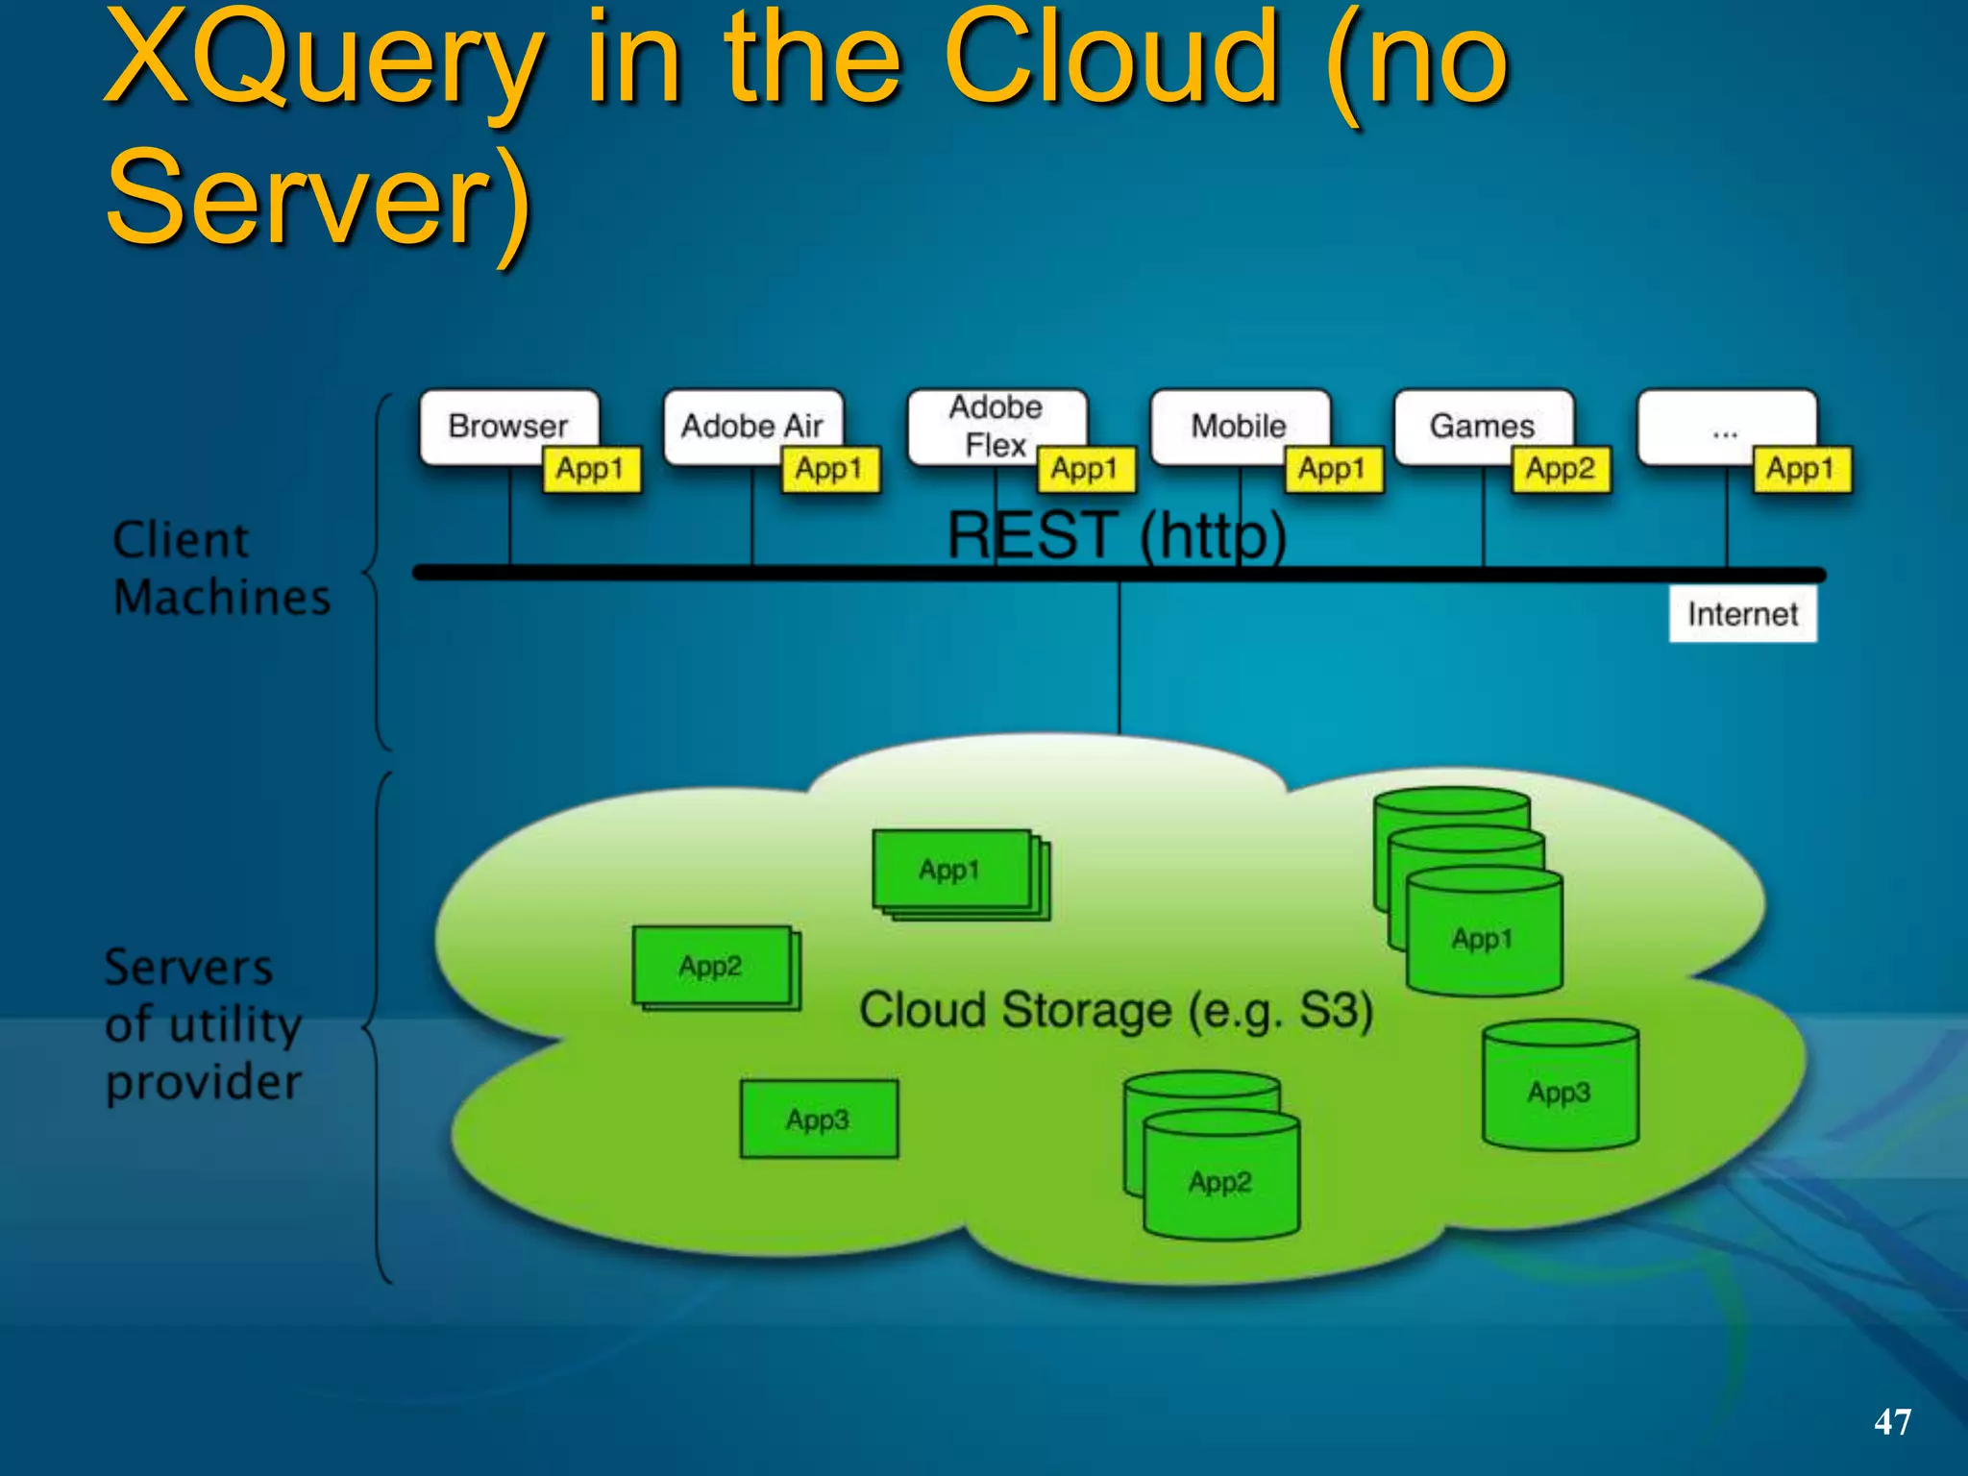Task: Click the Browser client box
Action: pyautogui.click(x=507, y=426)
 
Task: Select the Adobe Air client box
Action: pyautogui.click(x=751, y=426)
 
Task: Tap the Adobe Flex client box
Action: pyautogui.click(x=996, y=426)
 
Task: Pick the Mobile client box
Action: pyautogui.click(x=1239, y=426)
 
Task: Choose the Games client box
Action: pyautogui.click(x=1482, y=426)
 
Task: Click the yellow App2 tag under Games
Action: pyautogui.click(x=1561, y=470)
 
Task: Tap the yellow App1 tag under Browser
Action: pyautogui.click(x=591, y=470)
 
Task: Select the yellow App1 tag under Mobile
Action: pyautogui.click(x=1333, y=470)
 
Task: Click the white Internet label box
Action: pyautogui.click(x=1742, y=614)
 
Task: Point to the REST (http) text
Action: pyautogui.click(x=1116, y=535)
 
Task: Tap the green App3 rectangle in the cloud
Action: pyautogui.click(x=818, y=1119)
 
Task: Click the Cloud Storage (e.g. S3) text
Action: pyautogui.click(x=1115, y=1011)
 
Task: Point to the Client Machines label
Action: pyautogui.click(x=221, y=569)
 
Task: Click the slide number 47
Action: pyautogui.click(x=1891, y=1421)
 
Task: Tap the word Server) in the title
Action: pyautogui.click(x=317, y=200)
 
